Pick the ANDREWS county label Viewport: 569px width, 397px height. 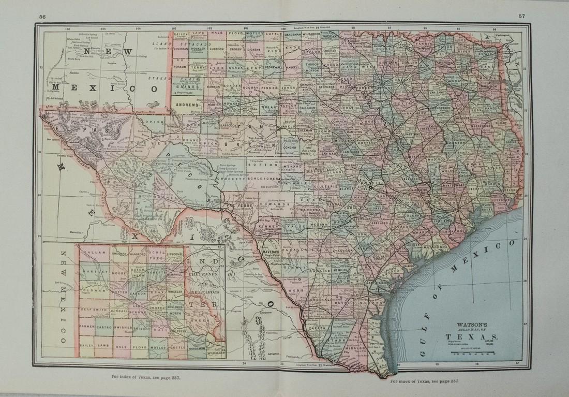click(x=187, y=105)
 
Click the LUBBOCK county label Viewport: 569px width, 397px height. click(x=216, y=49)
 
